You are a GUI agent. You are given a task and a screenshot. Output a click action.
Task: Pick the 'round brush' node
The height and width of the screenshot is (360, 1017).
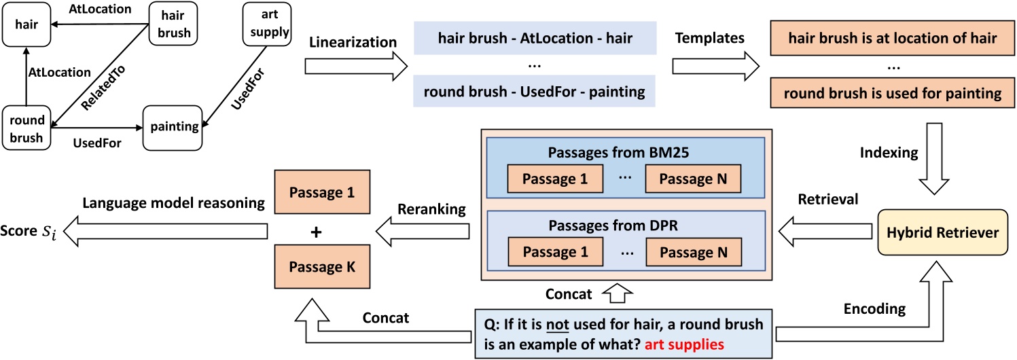click(27, 127)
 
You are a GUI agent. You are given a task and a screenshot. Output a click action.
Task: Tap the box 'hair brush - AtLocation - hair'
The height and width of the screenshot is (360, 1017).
click(534, 39)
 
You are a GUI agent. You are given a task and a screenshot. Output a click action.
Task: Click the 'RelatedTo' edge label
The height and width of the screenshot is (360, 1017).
click(97, 92)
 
